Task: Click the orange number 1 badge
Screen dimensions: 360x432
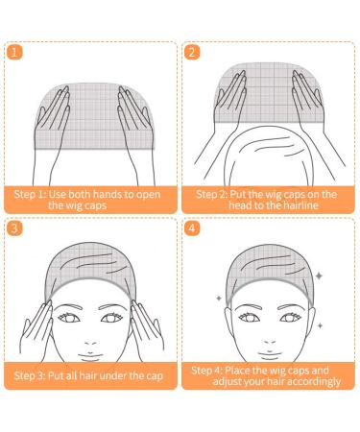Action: [x=14, y=53]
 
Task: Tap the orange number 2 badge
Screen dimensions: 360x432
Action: [x=192, y=53]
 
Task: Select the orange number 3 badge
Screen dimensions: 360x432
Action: [x=14, y=228]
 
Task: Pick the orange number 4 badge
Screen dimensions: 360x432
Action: [x=192, y=228]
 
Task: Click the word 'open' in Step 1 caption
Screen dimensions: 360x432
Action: [x=148, y=195]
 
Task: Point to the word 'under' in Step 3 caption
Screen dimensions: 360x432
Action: [x=113, y=375]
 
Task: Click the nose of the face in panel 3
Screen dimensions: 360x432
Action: [x=90, y=342]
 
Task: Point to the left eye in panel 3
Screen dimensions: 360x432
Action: [x=68, y=318]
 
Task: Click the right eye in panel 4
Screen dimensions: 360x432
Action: [x=290, y=318]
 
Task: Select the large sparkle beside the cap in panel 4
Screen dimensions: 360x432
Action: [x=319, y=276]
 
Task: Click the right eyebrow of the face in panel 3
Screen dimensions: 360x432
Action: [x=113, y=307]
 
